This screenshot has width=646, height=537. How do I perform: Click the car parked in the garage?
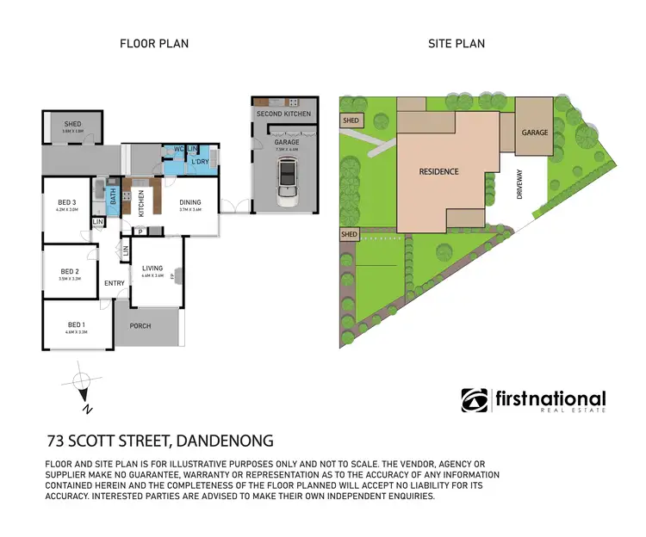286,183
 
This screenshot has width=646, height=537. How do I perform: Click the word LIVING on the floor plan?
152,268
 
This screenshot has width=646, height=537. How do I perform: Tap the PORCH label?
140,326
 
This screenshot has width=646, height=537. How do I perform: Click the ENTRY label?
115,283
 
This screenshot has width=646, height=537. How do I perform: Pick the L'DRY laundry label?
200,163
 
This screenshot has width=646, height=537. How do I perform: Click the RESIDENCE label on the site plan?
438,171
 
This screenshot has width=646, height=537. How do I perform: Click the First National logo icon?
475,400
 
